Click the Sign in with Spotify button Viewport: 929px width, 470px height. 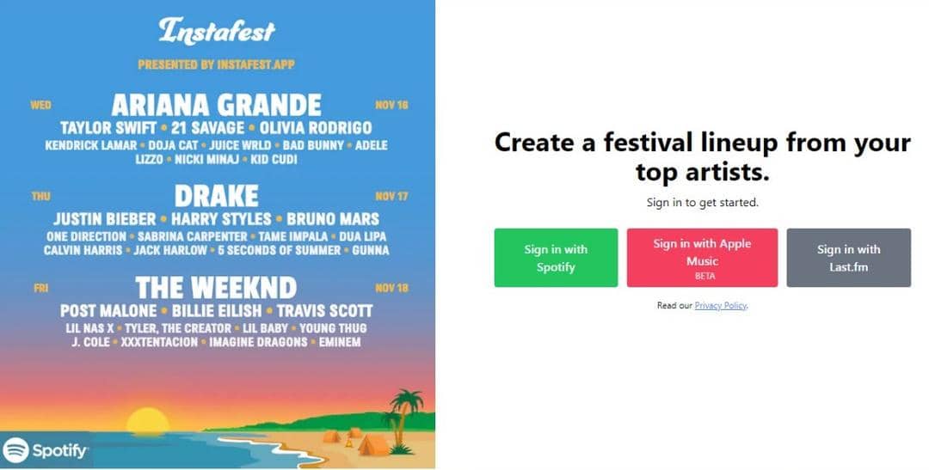[556, 258]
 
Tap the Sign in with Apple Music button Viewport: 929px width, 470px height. [702, 258]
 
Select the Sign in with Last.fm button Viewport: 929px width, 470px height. [848, 258]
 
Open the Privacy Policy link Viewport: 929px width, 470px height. [720, 306]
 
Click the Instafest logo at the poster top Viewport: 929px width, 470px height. [216, 31]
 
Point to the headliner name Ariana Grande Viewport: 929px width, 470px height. [216, 105]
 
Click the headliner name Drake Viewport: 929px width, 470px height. [216, 195]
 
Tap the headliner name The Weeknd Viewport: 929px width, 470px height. [216, 287]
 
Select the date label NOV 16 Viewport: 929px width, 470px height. [391, 105]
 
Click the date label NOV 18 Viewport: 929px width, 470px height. [391, 288]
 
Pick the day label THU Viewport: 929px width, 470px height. [40, 196]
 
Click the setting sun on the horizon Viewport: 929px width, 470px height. [147, 421]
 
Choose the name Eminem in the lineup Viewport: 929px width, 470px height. [339, 342]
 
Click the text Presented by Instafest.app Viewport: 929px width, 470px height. [216, 64]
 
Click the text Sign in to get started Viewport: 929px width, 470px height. [702, 203]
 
